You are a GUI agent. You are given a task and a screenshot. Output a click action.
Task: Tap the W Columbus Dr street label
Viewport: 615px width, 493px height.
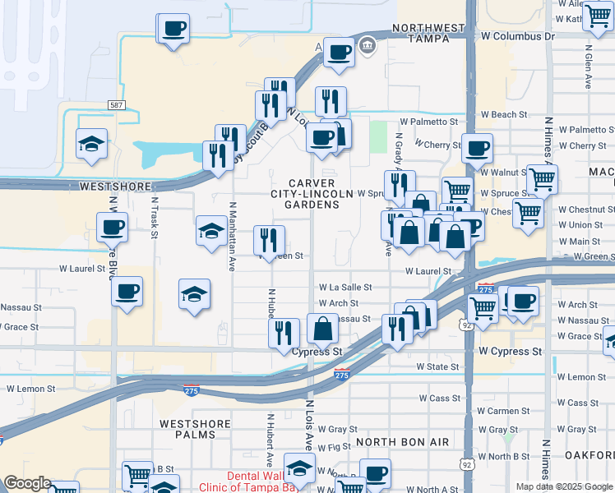click(518, 37)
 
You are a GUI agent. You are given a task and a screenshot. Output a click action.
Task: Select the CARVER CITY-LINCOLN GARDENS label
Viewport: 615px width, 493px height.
click(312, 193)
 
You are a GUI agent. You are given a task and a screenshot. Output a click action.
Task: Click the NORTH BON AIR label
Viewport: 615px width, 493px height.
click(403, 442)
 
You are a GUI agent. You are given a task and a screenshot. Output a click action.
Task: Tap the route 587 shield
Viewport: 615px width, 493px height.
click(117, 105)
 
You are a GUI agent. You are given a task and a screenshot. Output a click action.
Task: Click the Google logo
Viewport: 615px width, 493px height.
click(27, 483)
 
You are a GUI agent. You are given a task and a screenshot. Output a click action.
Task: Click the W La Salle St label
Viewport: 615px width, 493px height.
click(345, 288)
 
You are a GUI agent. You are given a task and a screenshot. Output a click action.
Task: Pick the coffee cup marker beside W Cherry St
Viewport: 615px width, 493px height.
click(477, 148)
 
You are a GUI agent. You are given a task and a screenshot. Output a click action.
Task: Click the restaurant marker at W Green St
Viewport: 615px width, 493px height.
click(269, 239)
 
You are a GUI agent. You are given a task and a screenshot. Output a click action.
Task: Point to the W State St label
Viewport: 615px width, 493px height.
click(437, 366)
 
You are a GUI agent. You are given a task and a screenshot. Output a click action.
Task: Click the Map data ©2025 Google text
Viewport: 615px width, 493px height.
click(564, 486)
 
